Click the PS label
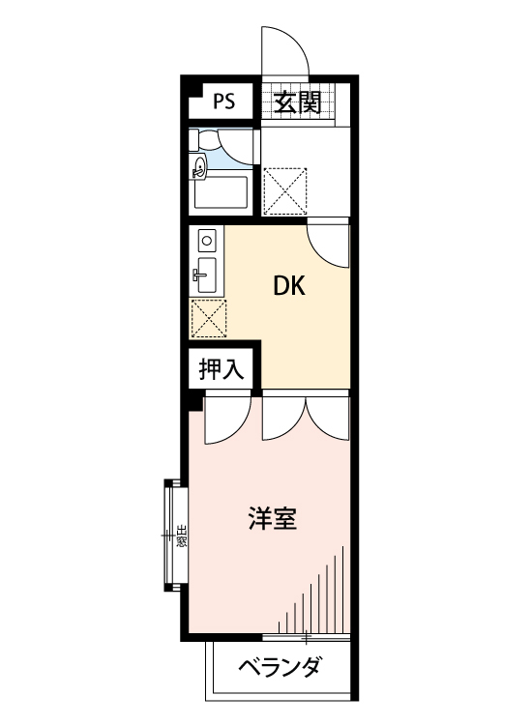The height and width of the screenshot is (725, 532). click(223, 101)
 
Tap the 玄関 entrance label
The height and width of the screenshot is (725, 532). click(296, 101)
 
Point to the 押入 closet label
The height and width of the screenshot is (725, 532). click(221, 368)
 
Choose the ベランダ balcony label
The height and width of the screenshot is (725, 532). click(280, 667)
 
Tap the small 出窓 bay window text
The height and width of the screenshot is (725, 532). click(181, 535)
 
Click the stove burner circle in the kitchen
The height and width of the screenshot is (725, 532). click(206, 237)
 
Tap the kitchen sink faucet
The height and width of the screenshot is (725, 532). click(202, 275)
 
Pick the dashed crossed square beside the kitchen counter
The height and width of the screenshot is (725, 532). click(208, 316)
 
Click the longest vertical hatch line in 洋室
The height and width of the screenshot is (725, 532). click(341, 590)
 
